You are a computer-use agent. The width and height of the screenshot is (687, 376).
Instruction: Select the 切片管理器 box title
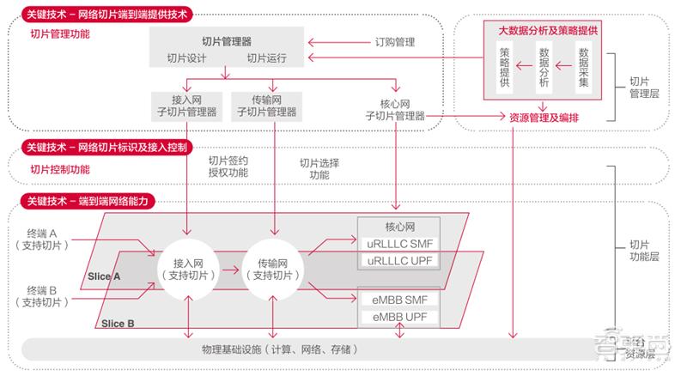pyautogui.click(x=227, y=40)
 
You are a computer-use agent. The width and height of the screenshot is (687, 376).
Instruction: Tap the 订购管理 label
pyautogui.click(x=394, y=40)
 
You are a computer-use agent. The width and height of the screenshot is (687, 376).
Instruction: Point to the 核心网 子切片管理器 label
pyautogui.click(x=396, y=110)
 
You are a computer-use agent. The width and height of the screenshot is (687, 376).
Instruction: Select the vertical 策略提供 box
pyautogui.click(x=504, y=69)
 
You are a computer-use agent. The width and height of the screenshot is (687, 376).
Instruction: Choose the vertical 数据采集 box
pyautogui.click(x=583, y=69)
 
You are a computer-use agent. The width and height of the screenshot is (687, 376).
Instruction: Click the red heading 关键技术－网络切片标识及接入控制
pyautogui.click(x=106, y=147)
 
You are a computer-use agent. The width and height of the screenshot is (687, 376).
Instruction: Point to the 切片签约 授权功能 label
pyautogui.click(x=228, y=166)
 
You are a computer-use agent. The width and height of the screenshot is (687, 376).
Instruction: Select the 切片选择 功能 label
pyautogui.click(x=319, y=168)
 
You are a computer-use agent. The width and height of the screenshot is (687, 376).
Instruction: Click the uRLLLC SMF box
pyautogui.click(x=398, y=245)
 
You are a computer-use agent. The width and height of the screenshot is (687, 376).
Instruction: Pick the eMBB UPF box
pyautogui.click(x=398, y=317)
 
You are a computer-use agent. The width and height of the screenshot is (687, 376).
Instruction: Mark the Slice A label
pyautogui.click(x=104, y=276)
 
